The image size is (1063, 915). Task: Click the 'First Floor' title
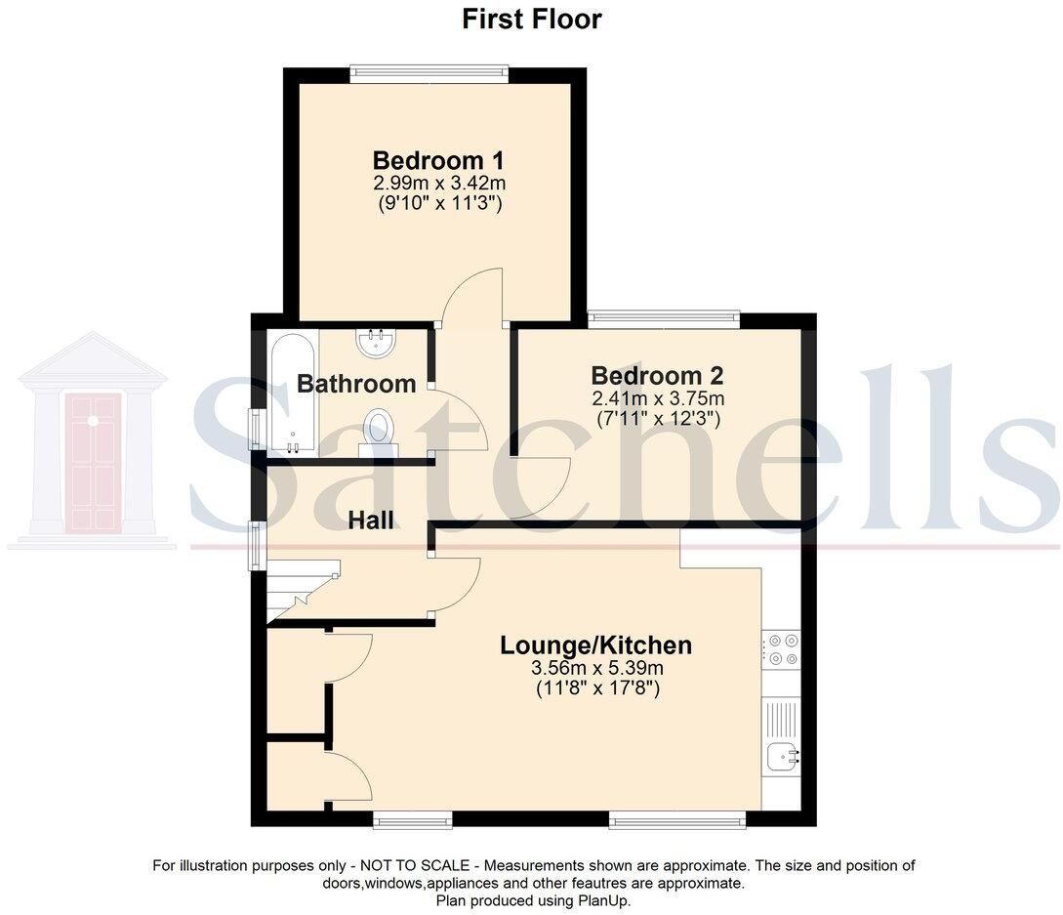[531, 20]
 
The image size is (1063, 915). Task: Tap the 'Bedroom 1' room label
[438, 160]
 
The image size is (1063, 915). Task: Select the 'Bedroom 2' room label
[657, 376]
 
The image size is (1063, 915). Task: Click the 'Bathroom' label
[356, 384]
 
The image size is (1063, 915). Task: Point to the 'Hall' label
[372, 520]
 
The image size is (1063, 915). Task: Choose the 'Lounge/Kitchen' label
[595, 645]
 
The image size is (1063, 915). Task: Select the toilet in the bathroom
[378, 433]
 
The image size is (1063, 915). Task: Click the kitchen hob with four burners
[782, 650]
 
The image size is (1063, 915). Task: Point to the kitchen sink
[782, 755]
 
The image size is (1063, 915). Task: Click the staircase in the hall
[302, 590]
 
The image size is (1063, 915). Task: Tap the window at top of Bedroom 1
[429, 70]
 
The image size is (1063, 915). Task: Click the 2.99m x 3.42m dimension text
[438, 184]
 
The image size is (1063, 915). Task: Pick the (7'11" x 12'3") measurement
[657, 418]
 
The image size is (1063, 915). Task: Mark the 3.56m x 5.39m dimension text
[596, 669]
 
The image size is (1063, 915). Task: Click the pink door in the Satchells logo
[93, 462]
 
